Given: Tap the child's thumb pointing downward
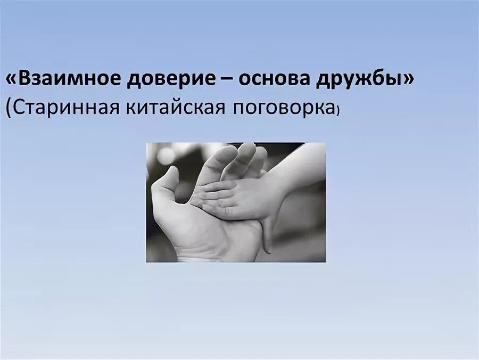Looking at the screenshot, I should click(267, 234).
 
